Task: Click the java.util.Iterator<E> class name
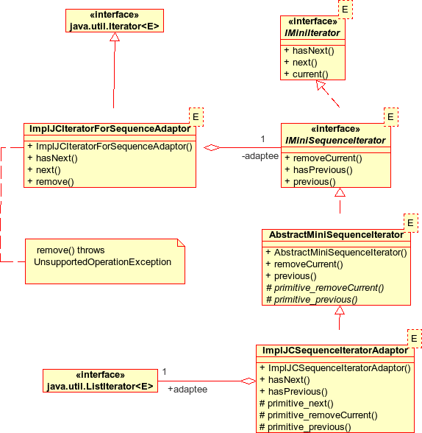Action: [x=115, y=27]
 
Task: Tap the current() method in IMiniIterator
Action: [x=310, y=74]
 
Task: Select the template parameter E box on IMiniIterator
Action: [x=345, y=10]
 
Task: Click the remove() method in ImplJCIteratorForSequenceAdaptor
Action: [x=55, y=182]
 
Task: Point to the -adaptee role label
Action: [x=260, y=156]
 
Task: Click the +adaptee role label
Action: [x=187, y=389]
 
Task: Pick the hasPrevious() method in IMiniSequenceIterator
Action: [x=323, y=170]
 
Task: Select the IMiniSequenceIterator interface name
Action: [x=335, y=141]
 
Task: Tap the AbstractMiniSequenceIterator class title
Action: [x=336, y=235]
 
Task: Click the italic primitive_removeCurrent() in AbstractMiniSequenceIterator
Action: [x=329, y=288]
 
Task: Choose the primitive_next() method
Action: [x=301, y=404]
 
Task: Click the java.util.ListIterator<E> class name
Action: [x=100, y=387]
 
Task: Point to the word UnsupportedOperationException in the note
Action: [x=102, y=262]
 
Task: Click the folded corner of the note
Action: [x=181, y=242]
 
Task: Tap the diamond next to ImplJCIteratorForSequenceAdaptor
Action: [x=212, y=148]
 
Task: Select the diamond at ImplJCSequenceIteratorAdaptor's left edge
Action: [x=248, y=381]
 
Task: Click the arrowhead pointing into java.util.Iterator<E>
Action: [x=115, y=37]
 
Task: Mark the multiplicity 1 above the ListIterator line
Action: [x=164, y=372]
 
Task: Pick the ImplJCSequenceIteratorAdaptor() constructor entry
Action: [x=340, y=368]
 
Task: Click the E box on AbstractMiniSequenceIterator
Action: [x=411, y=223]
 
